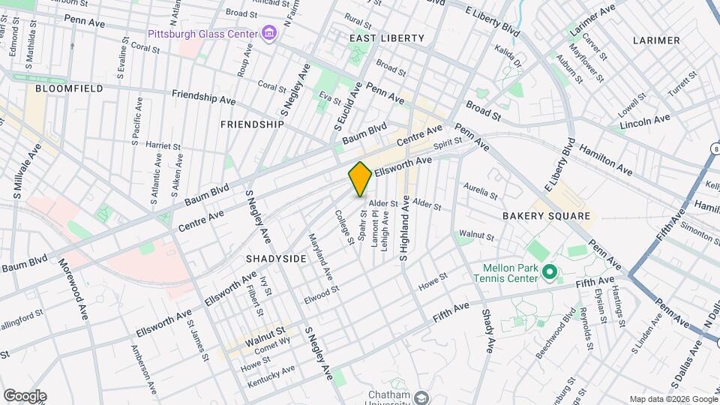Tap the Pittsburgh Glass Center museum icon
coord(268,34)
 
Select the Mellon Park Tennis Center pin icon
coord(549,271)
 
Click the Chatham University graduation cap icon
coord(421,397)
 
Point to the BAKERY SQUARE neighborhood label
coord(557,216)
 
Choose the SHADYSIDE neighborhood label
coord(276,258)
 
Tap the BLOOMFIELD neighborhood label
coord(69,88)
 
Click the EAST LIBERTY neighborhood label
coord(387,37)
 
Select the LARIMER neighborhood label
coord(655,40)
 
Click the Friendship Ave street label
coord(203,97)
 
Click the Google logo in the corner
coord(25,396)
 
